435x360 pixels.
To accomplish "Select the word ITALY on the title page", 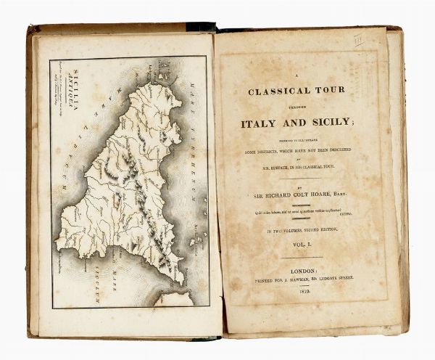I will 264,123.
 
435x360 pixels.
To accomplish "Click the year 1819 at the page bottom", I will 305,289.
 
